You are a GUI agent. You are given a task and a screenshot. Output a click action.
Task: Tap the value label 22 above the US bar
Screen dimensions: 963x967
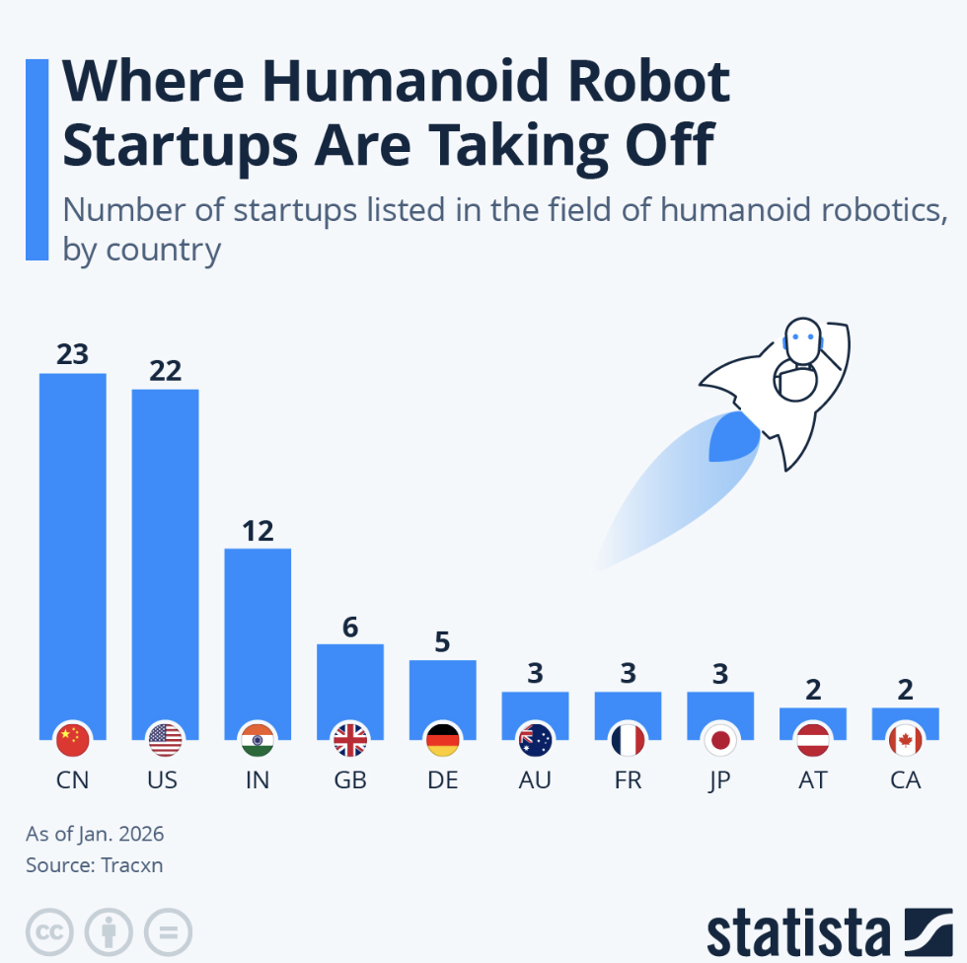pos(165,370)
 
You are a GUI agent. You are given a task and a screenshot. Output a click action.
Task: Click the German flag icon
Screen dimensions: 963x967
pos(442,739)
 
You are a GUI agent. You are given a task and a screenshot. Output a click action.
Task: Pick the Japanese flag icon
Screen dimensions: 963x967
pos(720,739)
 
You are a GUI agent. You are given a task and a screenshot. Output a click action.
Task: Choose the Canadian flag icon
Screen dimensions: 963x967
pos(905,739)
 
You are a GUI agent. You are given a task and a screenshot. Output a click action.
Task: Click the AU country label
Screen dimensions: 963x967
pos(535,779)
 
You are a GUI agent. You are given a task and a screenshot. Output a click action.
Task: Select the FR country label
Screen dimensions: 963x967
pos(628,779)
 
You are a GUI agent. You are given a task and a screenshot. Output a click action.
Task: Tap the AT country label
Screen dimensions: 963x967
pos(812,779)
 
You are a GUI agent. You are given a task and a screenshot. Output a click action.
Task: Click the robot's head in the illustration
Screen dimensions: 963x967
pos(801,340)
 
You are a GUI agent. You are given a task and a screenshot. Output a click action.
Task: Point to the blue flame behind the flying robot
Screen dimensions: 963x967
pos(732,439)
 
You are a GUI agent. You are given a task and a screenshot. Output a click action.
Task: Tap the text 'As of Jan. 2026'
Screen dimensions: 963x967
pos(95,834)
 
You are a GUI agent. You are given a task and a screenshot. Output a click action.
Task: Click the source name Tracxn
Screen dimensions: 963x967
pos(131,865)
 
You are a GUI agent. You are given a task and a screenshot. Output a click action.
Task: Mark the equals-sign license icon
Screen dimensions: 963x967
pos(168,931)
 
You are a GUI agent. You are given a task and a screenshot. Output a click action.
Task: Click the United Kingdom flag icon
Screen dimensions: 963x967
pos(350,739)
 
